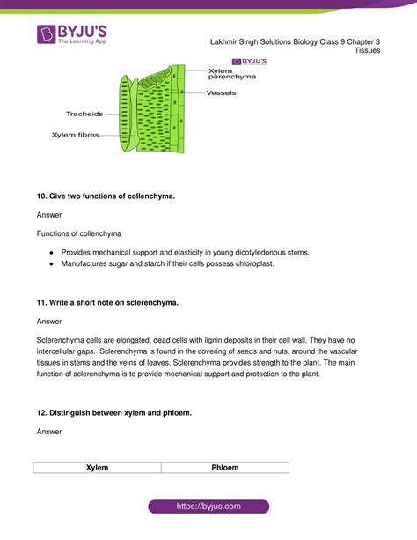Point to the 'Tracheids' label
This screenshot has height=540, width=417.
point(84,114)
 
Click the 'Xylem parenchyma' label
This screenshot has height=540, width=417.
point(232,73)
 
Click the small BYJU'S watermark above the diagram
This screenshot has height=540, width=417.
point(249,61)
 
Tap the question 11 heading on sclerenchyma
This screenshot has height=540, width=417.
point(107,302)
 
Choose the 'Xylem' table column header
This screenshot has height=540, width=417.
point(97,467)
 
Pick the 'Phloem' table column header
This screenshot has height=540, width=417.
point(225,467)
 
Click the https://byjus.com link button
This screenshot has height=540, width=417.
point(208,507)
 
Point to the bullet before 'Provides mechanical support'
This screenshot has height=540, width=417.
point(53,252)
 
